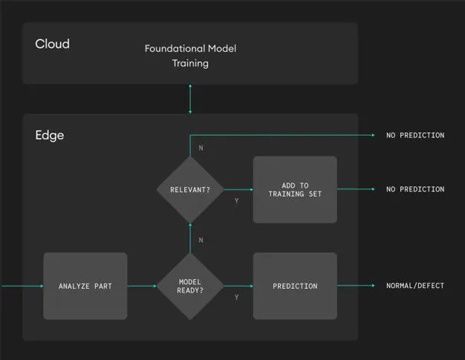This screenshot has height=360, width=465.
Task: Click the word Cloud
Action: pos(52,44)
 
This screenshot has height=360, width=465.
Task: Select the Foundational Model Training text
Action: pos(190,56)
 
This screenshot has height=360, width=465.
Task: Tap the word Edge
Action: pos(49,136)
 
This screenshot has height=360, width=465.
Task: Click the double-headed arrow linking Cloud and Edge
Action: pos(190,99)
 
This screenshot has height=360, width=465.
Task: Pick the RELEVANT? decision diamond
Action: pos(190,189)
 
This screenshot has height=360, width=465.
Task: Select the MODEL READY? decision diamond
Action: pos(190,286)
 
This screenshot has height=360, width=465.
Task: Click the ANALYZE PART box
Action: pos(85,286)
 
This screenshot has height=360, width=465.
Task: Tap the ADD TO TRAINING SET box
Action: pos(295,189)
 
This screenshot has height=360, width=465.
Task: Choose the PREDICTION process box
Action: pos(295,286)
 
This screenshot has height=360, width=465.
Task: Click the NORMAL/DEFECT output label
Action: pos(414,286)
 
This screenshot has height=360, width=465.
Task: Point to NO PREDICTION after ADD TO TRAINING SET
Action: pos(414,189)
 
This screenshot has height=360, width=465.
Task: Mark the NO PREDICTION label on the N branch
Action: pos(414,136)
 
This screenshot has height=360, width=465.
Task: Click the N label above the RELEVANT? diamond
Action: pos(201,148)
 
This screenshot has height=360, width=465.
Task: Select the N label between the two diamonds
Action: pos(201,240)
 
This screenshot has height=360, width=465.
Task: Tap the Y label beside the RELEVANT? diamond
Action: pos(236,200)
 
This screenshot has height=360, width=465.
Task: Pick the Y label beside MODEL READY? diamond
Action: pos(236,297)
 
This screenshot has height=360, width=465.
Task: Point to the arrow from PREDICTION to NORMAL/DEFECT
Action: pos(357,286)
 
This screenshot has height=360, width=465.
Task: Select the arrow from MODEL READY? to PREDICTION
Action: pos(238,286)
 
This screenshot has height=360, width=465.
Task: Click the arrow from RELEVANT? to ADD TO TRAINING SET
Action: pos(238,189)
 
